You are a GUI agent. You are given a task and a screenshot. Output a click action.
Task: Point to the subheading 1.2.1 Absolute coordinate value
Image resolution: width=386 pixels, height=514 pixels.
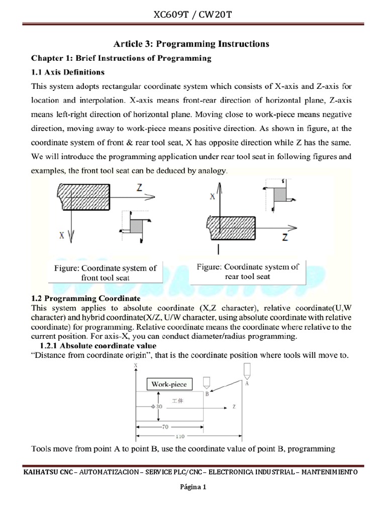pos(98,346)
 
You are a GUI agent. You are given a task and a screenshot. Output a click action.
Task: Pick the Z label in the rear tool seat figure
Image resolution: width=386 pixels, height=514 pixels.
pos(285,237)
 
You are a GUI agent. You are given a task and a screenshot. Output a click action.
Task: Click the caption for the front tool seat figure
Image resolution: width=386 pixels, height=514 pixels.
pos(105,273)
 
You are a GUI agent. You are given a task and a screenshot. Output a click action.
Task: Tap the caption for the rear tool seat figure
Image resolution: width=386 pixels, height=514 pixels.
pos(248,271)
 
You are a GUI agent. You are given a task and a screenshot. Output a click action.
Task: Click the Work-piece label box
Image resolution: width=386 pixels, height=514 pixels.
pos(169,384)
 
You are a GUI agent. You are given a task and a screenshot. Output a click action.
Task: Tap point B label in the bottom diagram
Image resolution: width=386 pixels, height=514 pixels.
pos(207,395)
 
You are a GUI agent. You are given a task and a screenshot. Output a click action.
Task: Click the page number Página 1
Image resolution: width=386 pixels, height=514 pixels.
pos(193,487)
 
